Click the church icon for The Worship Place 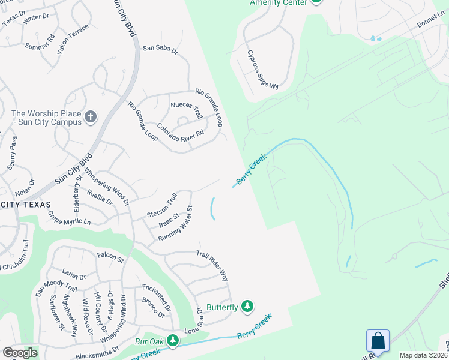pyautogui.click(x=91, y=116)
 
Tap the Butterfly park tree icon pyautogui.click(x=247, y=307)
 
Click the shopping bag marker pyautogui.click(x=378, y=341)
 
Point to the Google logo pyautogui.click(x=20, y=353)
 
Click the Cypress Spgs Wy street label pyautogui.click(x=264, y=70)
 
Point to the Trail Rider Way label pyautogui.click(x=212, y=266)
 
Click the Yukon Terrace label pyautogui.click(x=73, y=39)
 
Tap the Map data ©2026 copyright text pyautogui.click(x=424, y=355)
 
